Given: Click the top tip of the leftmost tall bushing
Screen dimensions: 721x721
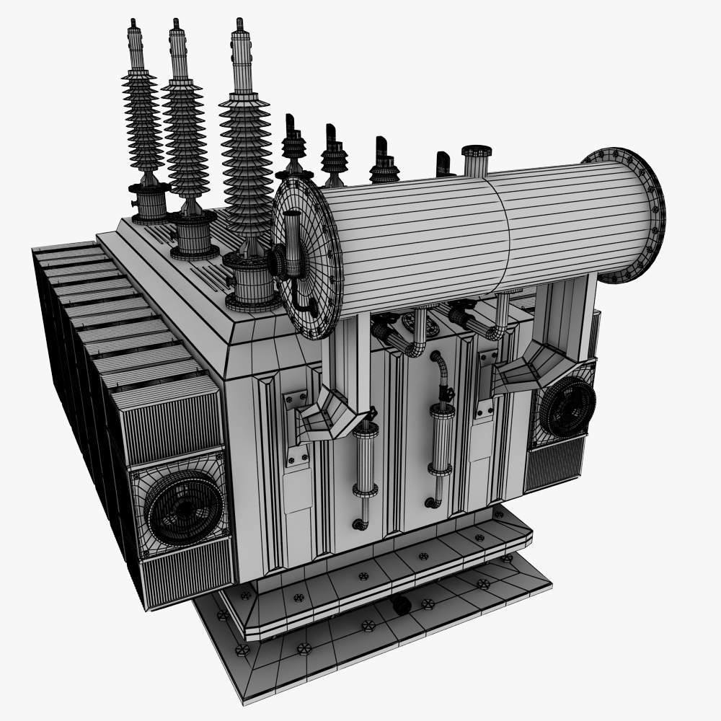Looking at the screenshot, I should click(134, 23).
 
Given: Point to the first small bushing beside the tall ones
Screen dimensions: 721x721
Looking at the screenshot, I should click(293, 148).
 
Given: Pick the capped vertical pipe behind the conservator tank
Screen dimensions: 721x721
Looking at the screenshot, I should click(476, 160).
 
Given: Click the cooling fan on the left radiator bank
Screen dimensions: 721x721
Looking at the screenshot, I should click(183, 509).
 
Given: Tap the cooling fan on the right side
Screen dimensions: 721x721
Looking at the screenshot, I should click(567, 408).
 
